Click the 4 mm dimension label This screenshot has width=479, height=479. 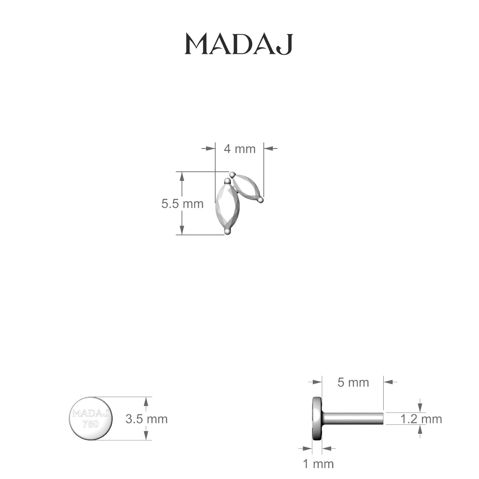(x=239, y=149)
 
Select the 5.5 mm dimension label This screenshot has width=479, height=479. (x=182, y=204)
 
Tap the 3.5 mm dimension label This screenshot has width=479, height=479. (x=146, y=419)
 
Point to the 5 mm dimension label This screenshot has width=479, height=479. (x=353, y=382)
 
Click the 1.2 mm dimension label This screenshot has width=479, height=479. (x=421, y=419)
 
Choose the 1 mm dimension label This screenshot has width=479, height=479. (x=318, y=464)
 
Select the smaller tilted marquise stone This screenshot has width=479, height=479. (x=246, y=187)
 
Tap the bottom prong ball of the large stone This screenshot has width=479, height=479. (x=228, y=231)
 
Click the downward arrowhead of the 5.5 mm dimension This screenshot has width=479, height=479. (x=182, y=230)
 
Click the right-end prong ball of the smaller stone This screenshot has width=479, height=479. (x=260, y=199)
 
